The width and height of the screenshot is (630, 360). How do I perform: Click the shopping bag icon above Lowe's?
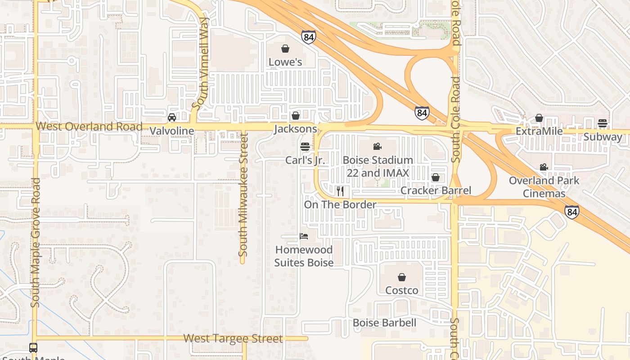[x=285, y=49]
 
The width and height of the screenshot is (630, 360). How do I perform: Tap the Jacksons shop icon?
[x=296, y=116]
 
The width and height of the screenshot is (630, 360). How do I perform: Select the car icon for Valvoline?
[x=171, y=117]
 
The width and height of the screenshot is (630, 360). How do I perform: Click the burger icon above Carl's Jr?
[x=305, y=147]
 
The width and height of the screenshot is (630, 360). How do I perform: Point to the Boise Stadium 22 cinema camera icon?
[x=377, y=147]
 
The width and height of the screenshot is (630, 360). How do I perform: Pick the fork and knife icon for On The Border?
[x=340, y=191]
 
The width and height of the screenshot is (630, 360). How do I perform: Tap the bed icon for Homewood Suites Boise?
[x=304, y=236]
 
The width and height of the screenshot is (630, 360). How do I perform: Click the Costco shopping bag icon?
[x=402, y=277]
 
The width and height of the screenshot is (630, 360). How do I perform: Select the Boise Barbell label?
[x=384, y=323]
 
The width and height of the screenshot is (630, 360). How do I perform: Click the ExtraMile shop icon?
[x=539, y=118]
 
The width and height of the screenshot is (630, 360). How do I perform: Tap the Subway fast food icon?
[x=603, y=123]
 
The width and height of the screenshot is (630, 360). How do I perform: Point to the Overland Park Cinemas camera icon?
[x=544, y=167]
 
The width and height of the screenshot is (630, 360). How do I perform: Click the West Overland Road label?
[x=89, y=126]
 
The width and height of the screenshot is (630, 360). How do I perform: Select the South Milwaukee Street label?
[x=243, y=194]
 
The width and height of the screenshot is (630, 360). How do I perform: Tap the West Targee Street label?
[x=233, y=338]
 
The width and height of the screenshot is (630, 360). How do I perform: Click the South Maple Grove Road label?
[x=36, y=243]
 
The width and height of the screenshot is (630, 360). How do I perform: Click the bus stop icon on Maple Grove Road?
[x=33, y=348]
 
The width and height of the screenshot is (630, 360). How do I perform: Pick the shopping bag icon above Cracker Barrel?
[x=435, y=177]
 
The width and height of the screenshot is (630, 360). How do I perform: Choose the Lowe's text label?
[x=285, y=62]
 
